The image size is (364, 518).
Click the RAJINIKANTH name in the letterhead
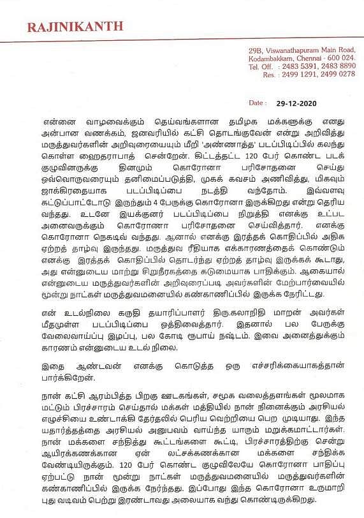tap(75, 26)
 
